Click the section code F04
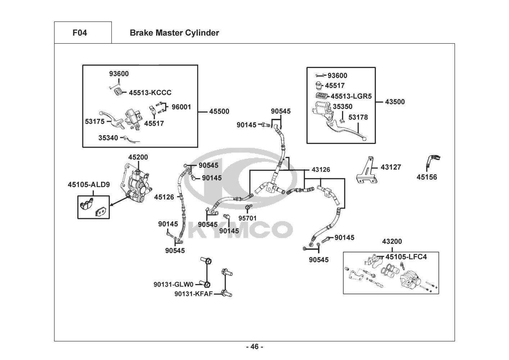point(79,33)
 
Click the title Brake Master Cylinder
point(174,33)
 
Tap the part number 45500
point(219,112)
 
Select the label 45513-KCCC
point(150,93)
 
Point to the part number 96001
point(181,107)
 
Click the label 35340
point(108,138)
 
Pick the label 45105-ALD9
point(89,185)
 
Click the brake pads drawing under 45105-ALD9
point(93,208)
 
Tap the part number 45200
point(138,157)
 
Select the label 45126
point(164,197)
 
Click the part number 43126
point(321,170)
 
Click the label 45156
point(427,177)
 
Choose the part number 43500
point(395,102)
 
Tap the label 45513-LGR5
point(351,96)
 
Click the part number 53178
point(358,117)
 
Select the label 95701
point(247,218)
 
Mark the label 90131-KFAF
point(194,294)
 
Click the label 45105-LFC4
point(406,257)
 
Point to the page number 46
point(254,347)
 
